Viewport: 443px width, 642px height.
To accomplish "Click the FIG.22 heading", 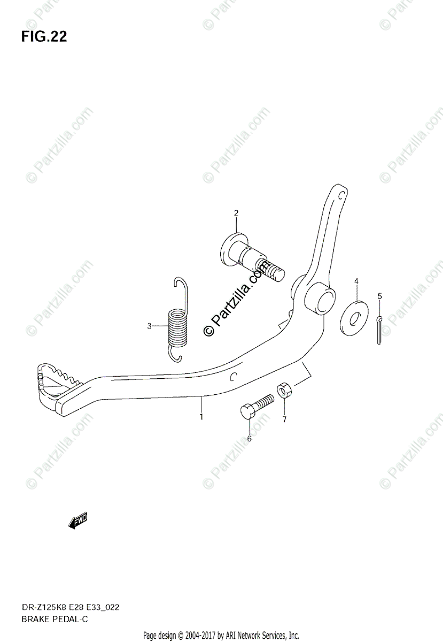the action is point(44,37).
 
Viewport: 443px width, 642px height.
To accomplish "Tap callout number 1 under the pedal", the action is point(201,416).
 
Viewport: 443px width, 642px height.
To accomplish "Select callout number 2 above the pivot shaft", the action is point(236,213).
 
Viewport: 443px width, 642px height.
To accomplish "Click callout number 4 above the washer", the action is point(356,281).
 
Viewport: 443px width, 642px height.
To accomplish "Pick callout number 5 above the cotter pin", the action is point(379,295).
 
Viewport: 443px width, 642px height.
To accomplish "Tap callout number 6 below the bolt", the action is point(249,439).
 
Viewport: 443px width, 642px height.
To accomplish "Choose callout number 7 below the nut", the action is point(284,419).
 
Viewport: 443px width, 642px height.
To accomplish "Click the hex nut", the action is point(283,391).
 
